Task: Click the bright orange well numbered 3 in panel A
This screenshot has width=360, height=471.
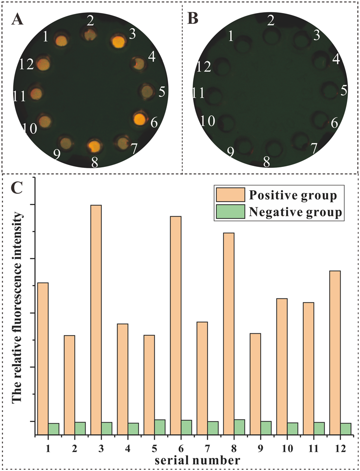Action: click(x=118, y=41)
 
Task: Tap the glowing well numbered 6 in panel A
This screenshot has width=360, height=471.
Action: click(x=139, y=119)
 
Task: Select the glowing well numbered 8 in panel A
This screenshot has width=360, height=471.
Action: click(x=94, y=146)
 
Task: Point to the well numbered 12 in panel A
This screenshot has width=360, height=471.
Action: click(x=43, y=64)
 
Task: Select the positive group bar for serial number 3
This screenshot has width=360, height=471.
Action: click(x=96, y=320)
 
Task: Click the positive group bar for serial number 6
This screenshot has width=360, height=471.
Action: click(x=176, y=325)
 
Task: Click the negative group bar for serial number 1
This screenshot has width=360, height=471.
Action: click(x=53, y=429)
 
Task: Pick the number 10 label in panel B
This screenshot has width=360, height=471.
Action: click(x=208, y=121)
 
